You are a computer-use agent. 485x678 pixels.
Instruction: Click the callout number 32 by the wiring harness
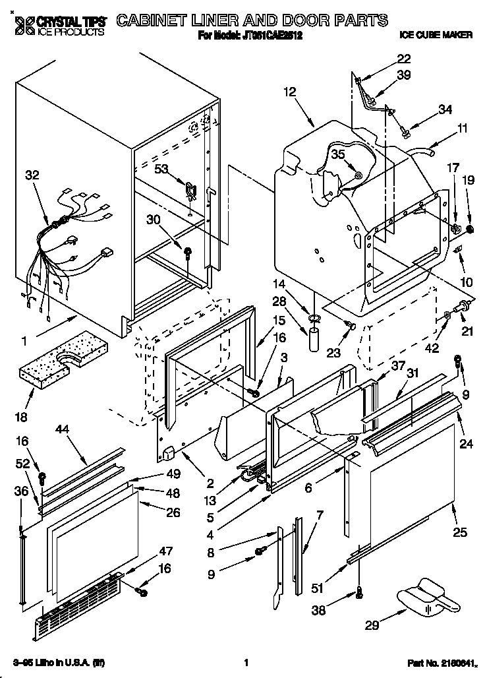click(32, 175)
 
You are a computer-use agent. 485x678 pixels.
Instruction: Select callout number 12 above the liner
click(290, 93)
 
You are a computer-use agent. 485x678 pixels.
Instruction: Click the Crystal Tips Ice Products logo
click(59, 25)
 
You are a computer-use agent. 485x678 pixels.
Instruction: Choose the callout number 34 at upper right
click(445, 109)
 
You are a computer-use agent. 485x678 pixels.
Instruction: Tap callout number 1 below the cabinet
click(24, 342)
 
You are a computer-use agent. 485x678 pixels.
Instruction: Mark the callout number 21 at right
click(467, 332)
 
